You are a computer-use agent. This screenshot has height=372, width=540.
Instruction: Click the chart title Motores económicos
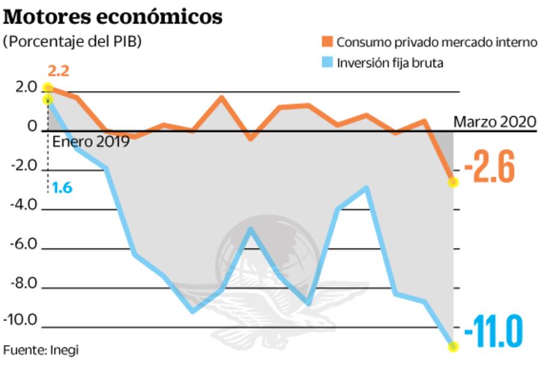tap(113, 17)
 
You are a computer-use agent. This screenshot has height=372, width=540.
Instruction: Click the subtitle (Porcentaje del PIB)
tap(72, 43)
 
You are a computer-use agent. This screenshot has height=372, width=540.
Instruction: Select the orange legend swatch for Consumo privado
tap(327, 43)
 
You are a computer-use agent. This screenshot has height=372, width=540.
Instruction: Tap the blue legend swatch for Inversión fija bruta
tap(327, 62)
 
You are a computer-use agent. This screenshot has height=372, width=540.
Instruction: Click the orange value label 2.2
tap(58, 71)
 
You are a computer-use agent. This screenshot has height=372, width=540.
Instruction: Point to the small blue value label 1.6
tap(61, 188)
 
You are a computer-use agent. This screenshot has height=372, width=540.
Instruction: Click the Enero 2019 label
tap(91, 143)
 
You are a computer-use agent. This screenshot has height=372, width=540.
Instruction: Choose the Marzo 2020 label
tap(494, 122)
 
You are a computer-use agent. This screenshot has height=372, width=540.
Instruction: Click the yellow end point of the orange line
tap(454, 182)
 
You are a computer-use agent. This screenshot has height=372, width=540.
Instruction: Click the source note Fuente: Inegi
tap(41, 349)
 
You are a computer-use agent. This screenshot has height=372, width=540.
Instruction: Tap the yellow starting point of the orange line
tap(48, 88)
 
